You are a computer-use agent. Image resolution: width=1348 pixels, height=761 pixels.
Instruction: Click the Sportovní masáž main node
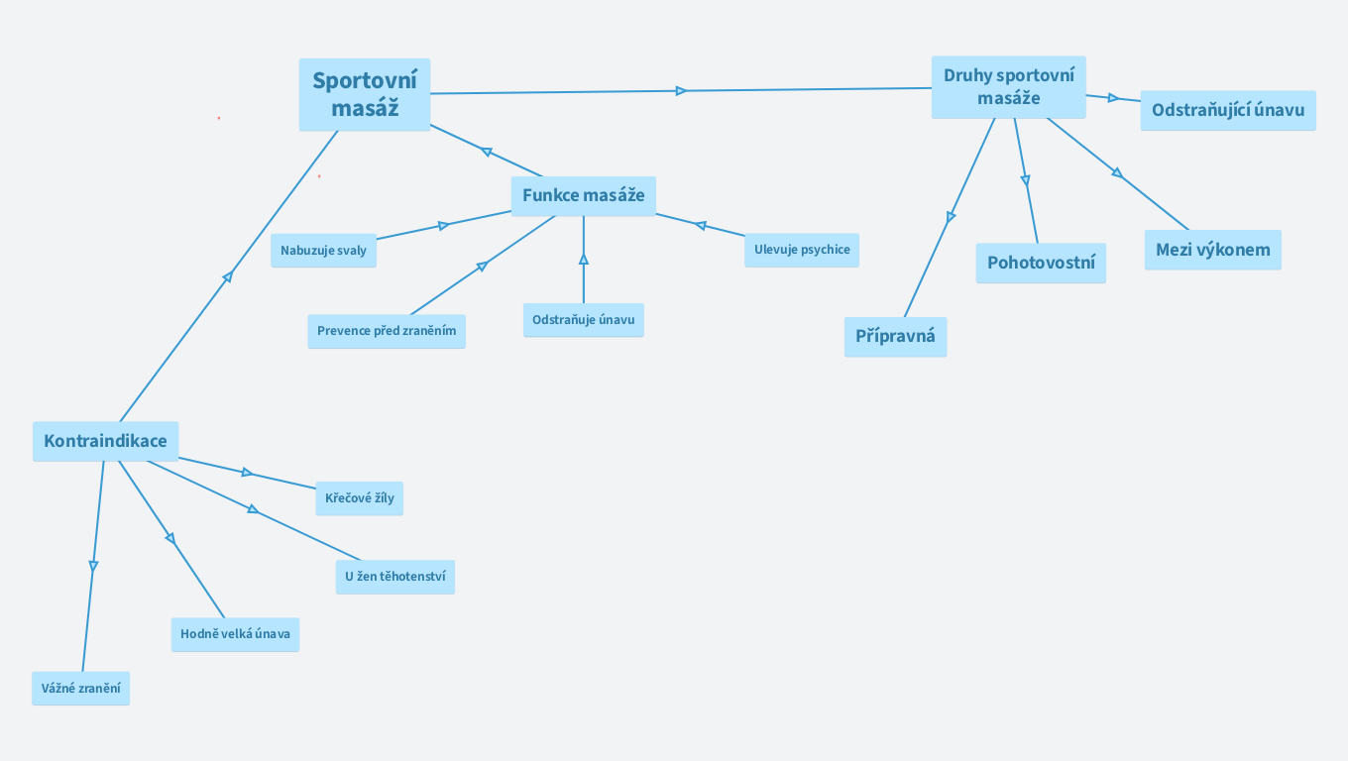click(x=365, y=95)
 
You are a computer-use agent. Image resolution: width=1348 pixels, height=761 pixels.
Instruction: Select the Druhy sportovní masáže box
click(x=1008, y=87)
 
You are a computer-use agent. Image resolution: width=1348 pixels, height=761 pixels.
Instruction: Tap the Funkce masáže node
click(x=583, y=195)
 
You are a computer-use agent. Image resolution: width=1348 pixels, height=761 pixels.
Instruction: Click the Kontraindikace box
click(x=105, y=441)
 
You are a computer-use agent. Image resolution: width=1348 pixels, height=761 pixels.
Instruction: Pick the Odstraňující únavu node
click(x=1227, y=110)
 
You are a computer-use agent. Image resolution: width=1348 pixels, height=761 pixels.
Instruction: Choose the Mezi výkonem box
click(x=1212, y=250)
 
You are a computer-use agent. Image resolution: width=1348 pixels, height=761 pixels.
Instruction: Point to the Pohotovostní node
click(x=1041, y=264)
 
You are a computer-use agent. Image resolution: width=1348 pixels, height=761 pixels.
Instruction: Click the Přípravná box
click(x=895, y=337)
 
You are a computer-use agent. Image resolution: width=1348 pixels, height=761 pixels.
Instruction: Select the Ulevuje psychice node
click(x=801, y=250)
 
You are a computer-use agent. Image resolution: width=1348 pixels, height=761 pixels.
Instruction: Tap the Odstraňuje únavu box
click(x=583, y=320)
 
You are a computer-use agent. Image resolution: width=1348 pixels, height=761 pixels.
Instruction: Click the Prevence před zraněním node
click(x=387, y=331)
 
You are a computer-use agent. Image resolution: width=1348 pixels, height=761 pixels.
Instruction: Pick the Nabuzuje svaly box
click(x=323, y=251)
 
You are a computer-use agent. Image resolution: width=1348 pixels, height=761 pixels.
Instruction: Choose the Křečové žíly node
click(x=359, y=498)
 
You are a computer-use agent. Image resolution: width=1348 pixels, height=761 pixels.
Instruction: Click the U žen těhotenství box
click(x=394, y=577)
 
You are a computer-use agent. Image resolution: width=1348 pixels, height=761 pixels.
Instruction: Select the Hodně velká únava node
click(x=235, y=634)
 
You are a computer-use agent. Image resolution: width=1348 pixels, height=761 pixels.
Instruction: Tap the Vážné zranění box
click(x=80, y=688)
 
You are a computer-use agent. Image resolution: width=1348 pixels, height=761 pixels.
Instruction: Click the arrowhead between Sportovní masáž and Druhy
click(x=681, y=91)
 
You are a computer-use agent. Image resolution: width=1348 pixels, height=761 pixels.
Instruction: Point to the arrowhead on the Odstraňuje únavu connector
click(x=584, y=260)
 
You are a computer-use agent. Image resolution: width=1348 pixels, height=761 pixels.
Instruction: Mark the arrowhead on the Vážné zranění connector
click(x=93, y=566)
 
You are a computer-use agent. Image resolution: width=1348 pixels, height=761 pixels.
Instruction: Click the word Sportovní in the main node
click(x=365, y=80)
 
